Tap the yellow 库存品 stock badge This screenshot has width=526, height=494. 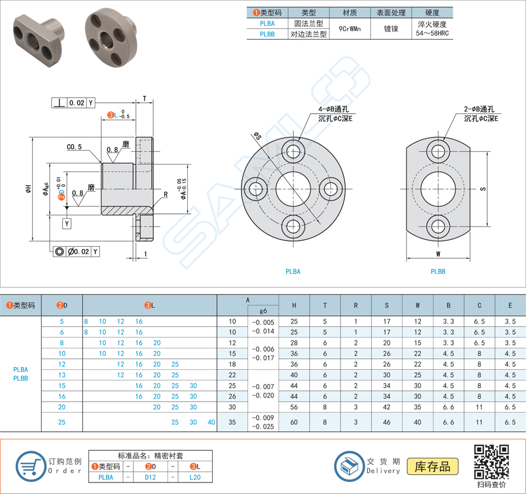(432, 466)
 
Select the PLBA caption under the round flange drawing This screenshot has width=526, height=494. (293, 271)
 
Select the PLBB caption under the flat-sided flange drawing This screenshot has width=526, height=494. (438, 271)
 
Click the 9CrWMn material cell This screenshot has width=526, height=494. (350, 28)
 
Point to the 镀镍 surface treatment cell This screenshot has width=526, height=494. (391, 28)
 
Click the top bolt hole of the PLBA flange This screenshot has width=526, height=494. (294, 153)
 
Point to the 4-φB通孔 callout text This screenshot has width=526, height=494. (333, 109)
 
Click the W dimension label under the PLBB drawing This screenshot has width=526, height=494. (438, 253)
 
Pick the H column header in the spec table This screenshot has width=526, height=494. (294, 305)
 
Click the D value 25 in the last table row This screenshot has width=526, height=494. (62, 422)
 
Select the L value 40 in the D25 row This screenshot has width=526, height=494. (212, 422)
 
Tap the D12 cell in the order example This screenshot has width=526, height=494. (150, 477)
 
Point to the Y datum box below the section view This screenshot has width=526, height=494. (68, 223)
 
